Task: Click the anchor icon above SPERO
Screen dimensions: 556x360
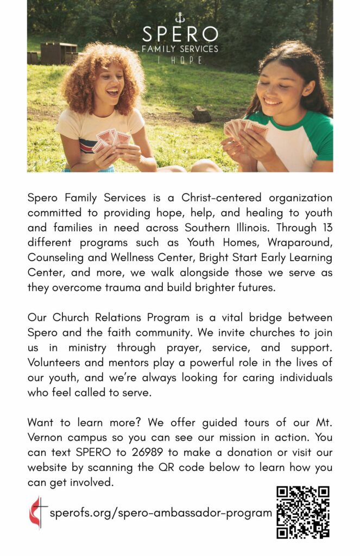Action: (x=180, y=18)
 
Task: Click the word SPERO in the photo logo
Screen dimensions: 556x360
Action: (x=180, y=34)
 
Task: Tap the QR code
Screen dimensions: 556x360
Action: (x=303, y=512)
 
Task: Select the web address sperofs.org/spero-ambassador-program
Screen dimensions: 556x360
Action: (x=161, y=513)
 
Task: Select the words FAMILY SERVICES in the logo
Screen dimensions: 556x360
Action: (x=180, y=49)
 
